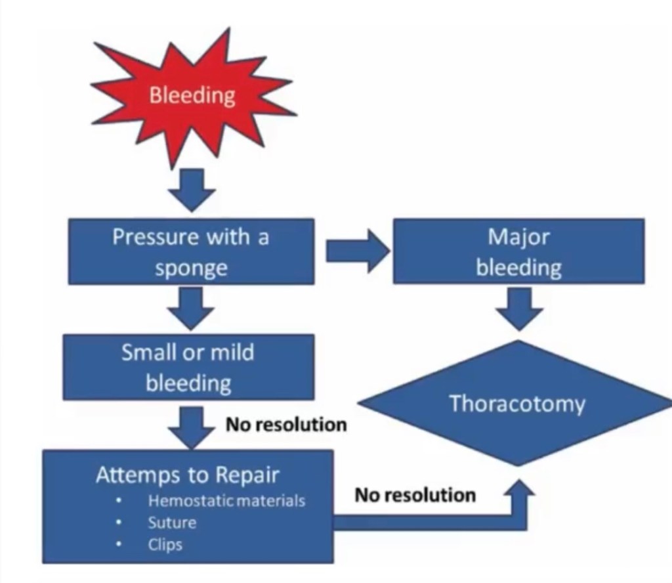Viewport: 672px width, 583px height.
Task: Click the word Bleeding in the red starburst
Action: pos(192,95)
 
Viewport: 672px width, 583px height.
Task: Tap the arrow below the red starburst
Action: pos(192,189)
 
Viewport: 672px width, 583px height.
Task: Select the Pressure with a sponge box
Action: pos(191,251)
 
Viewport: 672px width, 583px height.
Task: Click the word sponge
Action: pos(191,268)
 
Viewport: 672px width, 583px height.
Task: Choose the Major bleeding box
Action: pos(518,251)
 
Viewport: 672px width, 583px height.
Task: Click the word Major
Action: pos(518,236)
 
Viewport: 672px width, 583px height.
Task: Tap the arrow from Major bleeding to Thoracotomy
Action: pos(518,307)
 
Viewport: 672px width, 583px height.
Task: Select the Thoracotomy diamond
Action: pos(517,404)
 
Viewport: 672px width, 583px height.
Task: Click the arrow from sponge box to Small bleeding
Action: pos(191,308)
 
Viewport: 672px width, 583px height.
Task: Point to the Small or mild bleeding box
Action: pos(188,367)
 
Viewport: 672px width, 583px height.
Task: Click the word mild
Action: pos(231,353)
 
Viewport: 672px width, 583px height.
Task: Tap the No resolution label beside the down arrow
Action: pos(286,425)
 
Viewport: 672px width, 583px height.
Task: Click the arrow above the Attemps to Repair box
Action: pos(191,426)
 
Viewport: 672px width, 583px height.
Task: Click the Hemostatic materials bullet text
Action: pos(226,501)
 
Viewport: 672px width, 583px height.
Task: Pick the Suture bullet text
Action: pos(172,523)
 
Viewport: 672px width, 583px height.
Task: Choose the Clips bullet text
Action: pos(165,545)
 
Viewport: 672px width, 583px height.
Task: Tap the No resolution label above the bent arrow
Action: pos(415,494)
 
